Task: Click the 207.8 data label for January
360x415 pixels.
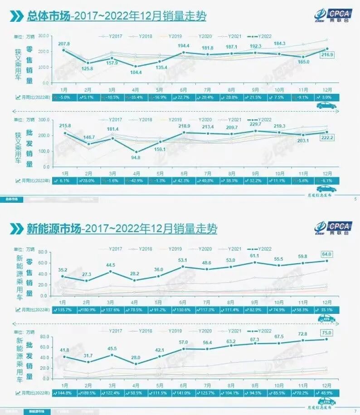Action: coord(63,44)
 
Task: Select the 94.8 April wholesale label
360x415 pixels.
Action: coord(135,158)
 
